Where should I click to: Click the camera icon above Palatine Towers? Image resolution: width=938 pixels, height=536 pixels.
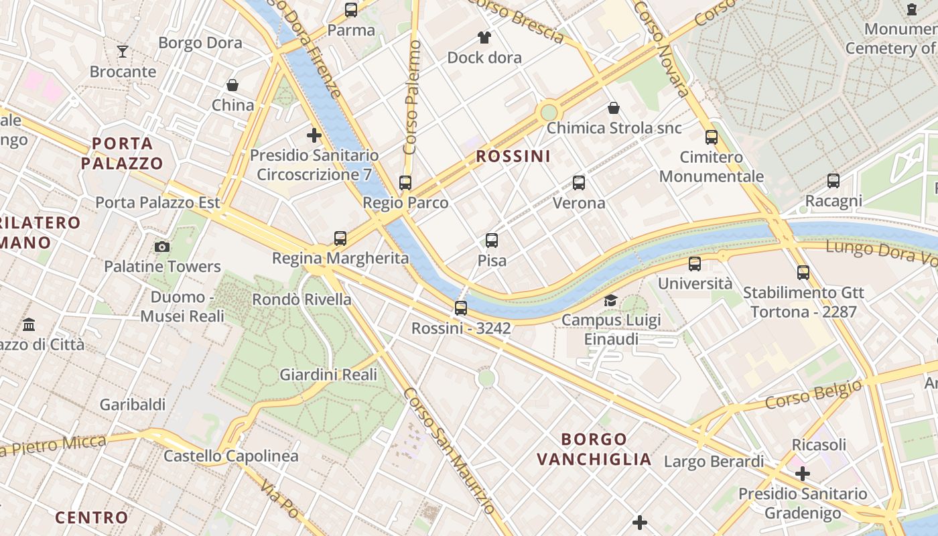click(x=161, y=247)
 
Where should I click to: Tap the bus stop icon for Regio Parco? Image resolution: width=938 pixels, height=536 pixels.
click(x=405, y=182)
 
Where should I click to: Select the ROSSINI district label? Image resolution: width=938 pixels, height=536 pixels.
click(x=513, y=157)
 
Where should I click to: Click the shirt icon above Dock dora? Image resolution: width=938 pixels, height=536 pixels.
click(x=484, y=37)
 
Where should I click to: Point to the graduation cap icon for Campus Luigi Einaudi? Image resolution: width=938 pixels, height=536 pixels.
click(x=610, y=300)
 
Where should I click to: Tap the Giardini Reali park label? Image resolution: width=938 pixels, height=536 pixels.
click(x=328, y=375)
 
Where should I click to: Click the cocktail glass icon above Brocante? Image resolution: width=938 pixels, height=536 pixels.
click(x=123, y=52)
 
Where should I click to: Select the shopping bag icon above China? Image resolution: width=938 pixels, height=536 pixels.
click(x=232, y=85)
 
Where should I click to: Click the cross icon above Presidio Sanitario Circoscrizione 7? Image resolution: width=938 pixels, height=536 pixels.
click(x=314, y=135)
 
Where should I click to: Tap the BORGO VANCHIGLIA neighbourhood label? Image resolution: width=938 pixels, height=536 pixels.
click(x=594, y=449)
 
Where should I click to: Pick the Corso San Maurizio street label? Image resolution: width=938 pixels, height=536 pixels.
click(x=449, y=459)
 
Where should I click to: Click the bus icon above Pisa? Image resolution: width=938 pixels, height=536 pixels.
click(x=492, y=240)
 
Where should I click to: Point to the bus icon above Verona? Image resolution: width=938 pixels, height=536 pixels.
click(x=579, y=182)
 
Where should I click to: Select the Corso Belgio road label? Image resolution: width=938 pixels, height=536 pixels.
click(x=813, y=395)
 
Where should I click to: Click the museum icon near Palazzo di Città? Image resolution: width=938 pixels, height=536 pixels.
click(x=29, y=324)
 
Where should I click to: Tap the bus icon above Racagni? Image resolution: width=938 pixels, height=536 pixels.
click(x=833, y=180)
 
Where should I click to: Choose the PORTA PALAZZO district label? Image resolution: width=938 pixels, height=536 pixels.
click(x=122, y=153)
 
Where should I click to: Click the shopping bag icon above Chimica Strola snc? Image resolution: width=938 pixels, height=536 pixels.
click(x=614, y=108)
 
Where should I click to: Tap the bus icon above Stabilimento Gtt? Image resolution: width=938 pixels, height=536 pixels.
click(x=803, y=272)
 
